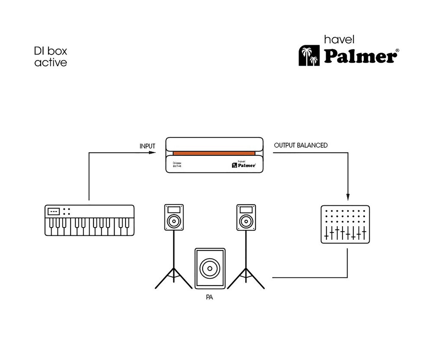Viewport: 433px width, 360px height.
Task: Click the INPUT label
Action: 147,146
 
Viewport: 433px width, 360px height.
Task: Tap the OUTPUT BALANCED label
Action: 301,145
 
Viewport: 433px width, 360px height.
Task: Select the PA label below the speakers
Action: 209,297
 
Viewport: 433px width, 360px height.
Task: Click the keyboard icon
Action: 89,221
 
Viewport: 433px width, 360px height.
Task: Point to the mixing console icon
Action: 345,224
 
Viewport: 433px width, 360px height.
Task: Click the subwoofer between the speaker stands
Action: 210,268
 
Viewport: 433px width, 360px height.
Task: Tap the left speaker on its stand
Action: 174,217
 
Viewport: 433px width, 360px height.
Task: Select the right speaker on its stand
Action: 246,217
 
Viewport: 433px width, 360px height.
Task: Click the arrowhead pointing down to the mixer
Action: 348,196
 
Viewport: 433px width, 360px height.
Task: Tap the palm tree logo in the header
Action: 309,56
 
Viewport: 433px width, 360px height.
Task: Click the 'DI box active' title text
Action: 51,57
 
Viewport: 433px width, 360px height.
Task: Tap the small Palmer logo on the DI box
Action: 244,164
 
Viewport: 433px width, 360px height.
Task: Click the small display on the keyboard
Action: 54,211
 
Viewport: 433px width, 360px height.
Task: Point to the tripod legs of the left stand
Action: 173,279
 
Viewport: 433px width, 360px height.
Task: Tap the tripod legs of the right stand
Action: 246,279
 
